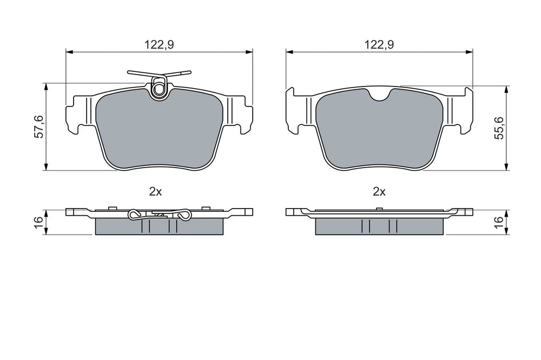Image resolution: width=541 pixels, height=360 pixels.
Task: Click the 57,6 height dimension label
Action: coord(39,127)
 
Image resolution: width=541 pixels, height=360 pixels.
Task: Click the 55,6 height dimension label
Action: coord(499,128)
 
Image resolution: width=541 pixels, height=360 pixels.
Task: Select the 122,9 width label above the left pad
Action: coord(159,44)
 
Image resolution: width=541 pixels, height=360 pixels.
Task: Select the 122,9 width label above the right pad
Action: coord(379,44)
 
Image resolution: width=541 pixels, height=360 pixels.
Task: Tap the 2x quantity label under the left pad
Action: coord(155,192)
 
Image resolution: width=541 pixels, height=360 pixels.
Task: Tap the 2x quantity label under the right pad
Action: coord(379,192)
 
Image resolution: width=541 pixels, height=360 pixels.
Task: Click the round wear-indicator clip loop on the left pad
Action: coord(159,89)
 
